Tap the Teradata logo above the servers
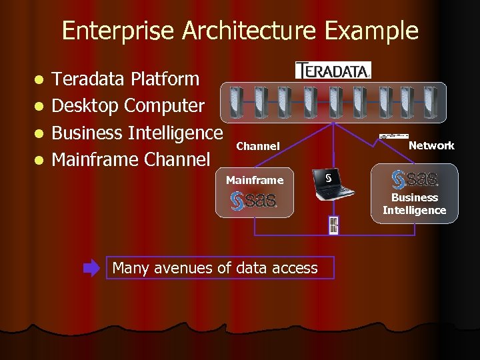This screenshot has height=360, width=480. tap(333, 70)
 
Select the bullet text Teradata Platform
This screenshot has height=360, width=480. tap(125, 79)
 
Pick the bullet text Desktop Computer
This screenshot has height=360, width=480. tap(128, 105)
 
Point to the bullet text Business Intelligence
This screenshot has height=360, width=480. tap(137, 133)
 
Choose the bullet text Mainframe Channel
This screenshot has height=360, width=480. tap(131, 159)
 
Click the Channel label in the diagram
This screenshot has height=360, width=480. tap(258, 146)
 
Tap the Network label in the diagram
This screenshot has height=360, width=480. tap(431, 145)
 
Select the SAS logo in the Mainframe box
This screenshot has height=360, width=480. tap(254, 201)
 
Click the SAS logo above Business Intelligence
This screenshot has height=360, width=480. tap(415, 179)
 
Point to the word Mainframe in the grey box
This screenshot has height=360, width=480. tap(254, 180)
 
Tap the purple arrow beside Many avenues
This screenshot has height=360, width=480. tap(91, 269)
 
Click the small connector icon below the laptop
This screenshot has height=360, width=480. tap(333, 225)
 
